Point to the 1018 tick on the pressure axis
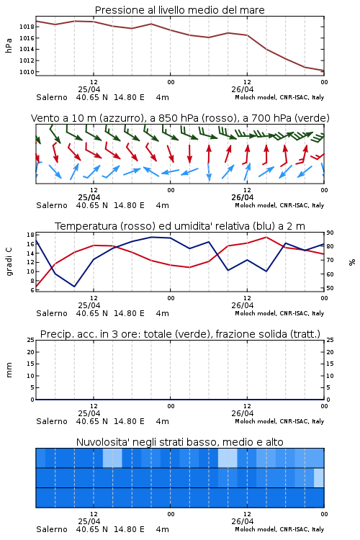[27, 27]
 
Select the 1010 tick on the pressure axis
[27, 72]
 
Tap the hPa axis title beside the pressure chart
[9, 45]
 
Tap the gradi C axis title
[9, 261]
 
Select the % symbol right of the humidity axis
[352, 262]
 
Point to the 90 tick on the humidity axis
[330, 233]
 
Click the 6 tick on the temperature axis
[32, 290]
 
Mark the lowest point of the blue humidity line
[74, 287]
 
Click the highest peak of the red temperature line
[266, 237]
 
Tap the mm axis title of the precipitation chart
[9, 370]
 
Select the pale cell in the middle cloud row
[319, 477]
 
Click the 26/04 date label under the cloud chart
[243, 521]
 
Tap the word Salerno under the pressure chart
[52, 97]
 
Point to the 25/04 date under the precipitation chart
[89, 413]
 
